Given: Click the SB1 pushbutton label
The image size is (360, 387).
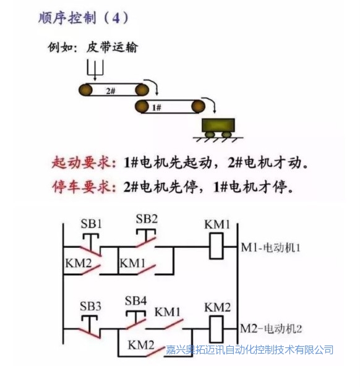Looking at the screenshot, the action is pos(91,224).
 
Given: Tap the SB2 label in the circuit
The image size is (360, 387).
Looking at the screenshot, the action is pos(147,219).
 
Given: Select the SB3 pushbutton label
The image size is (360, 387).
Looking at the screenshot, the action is pos(90,306).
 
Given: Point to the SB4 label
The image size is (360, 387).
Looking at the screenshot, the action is pos(135,300).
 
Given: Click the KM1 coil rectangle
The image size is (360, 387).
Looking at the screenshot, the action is pos(216,246).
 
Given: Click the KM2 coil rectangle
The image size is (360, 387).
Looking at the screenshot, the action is pos(216,330).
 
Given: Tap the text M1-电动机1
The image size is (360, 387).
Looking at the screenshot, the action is pos(270,247).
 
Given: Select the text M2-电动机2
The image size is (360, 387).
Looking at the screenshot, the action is pos(271,329).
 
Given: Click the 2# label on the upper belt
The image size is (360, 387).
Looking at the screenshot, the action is pos(111,91).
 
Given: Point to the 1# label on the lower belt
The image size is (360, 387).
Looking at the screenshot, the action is pos(156,108).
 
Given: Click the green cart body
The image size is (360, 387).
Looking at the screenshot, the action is pos(218,125).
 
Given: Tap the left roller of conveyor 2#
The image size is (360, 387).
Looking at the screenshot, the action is pos(85,90).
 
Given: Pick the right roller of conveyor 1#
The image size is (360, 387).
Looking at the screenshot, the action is pos(198,106).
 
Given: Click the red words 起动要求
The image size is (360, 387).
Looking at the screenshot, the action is pos(84,163).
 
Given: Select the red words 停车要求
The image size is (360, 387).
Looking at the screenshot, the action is pos(84,187).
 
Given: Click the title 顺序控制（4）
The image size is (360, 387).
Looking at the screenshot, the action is pos(84,18).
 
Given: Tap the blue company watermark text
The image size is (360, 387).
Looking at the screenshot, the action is pos(249,350).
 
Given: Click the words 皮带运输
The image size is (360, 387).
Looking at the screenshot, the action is pos(112,47).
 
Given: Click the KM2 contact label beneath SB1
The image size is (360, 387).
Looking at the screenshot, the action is pos(79,263).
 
